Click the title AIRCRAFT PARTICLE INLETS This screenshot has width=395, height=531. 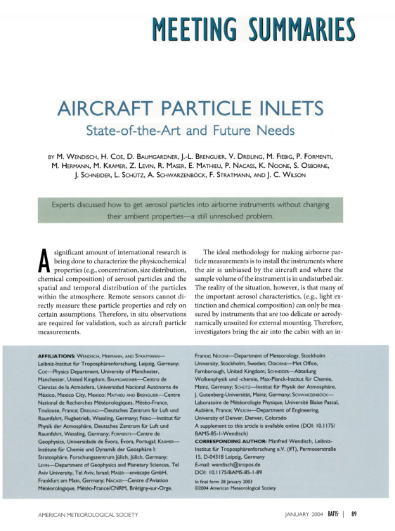tap(197, 112)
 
